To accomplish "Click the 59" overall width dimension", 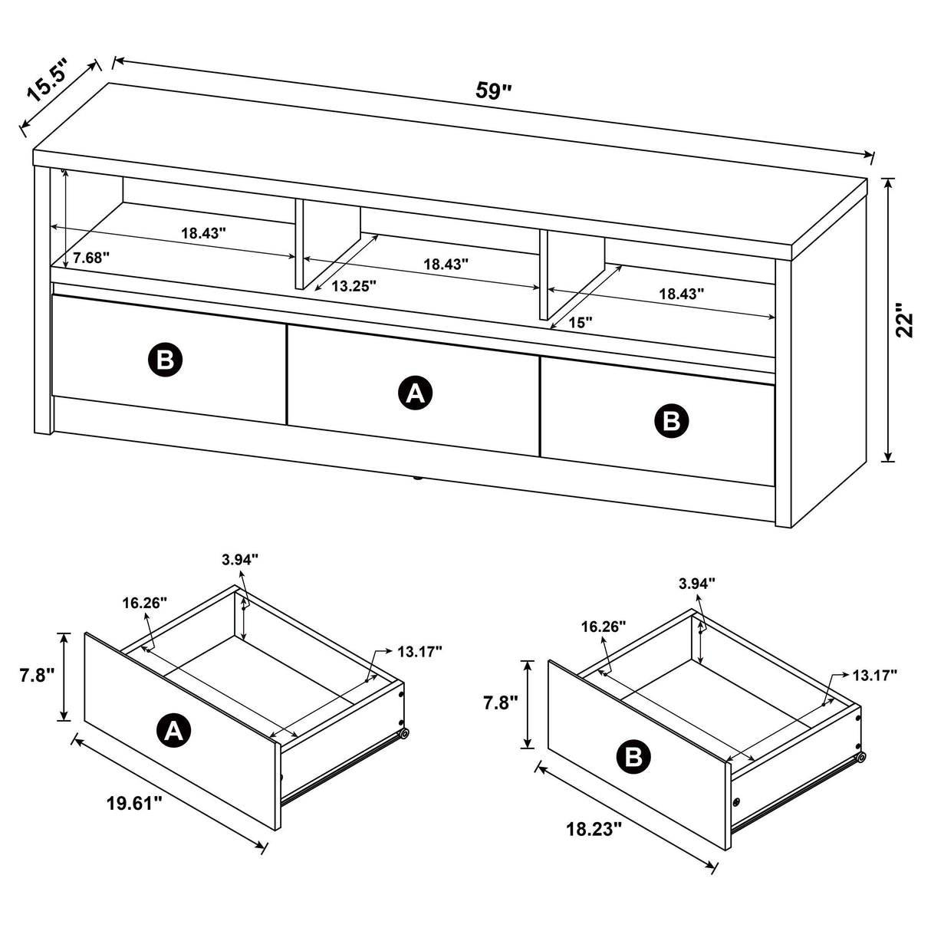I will pyautogui.click(x=493, y=90).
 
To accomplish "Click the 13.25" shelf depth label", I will pyautogui.click(x=354, y=286).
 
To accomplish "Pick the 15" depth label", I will pyautogui.click(x=581, y=323).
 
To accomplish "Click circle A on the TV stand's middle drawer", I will pyautogui.click(x=415, y=393).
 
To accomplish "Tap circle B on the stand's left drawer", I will pyautogui.click(x=165, y=360).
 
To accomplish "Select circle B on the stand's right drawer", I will pyautogui.click(x=671, y=420).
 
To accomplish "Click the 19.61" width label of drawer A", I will pyautogui.click(x=134, y=803).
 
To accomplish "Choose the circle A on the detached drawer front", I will pyautogui.click(x=174, y=731).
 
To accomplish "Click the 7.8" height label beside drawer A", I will pyautogui.click(x=37, y=676).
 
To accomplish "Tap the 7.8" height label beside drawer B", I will pyautogui.click(x=499, y=702).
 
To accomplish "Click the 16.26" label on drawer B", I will pyautogui.click(x=604, y=627).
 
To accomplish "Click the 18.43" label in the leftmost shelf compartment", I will pyautogui.click(x=203, y=233).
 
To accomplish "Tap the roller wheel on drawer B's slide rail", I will pyautogui.click(x=860, y=757).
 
